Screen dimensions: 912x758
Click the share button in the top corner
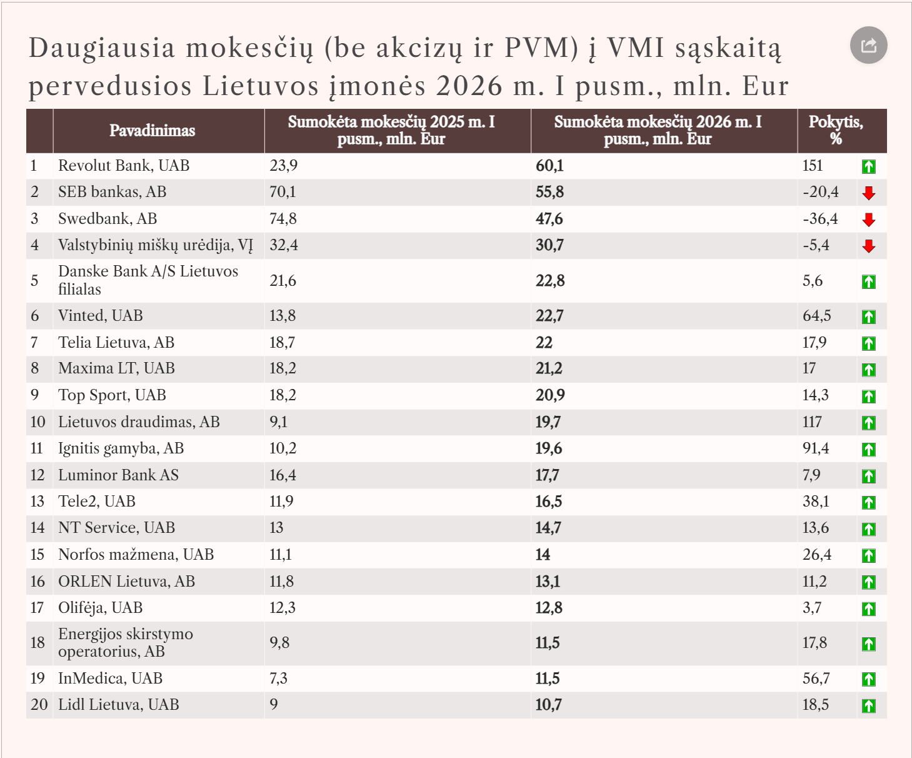tap(868, 46)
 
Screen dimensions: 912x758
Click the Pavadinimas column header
tap(152, 131)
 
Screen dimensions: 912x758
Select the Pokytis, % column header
tap(836, 130)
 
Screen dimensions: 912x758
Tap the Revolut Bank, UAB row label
tap(124, 166)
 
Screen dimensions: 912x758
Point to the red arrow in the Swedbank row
tap(869, 220)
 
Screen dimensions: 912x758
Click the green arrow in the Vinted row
tap(869, 316)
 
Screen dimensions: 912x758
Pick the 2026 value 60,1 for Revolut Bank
tap(549, 166)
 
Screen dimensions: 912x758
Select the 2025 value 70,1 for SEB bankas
tap(283, 192)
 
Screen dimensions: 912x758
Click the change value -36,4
tap(820, 218)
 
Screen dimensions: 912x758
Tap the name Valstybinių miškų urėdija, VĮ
tap(156, 245)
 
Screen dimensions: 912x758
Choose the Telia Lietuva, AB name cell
tap(116, 342)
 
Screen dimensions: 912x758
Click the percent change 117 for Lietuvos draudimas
tap(812, 422)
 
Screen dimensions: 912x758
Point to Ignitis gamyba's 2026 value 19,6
tap(549, 448)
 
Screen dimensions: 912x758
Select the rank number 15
tap(38, 554)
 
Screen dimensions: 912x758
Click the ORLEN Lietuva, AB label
tap(126, 582)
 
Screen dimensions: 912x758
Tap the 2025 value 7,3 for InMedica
tap(278, 678)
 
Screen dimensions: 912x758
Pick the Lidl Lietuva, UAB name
tap(118, 705)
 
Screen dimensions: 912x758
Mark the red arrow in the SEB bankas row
tap(869, 193)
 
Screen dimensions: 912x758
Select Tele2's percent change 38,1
tap(816, 502)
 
